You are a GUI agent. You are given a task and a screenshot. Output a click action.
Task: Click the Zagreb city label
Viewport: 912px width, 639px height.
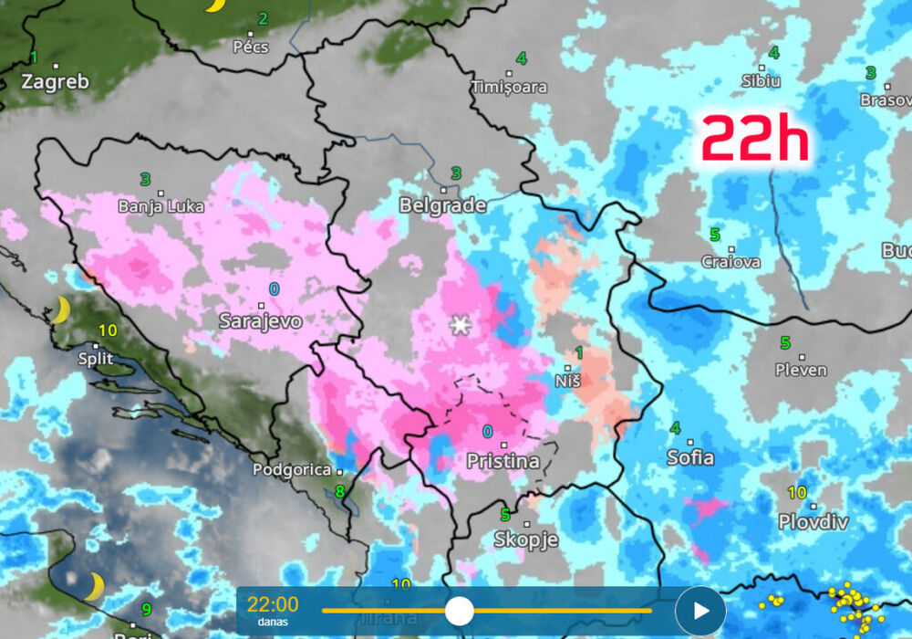point(56,81)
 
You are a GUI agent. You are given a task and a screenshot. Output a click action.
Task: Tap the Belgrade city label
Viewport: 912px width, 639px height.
point(442,205)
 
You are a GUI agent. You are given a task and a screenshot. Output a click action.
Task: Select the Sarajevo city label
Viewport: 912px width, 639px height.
point(260,320)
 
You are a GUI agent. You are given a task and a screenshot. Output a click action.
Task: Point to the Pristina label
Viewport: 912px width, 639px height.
point(503,461)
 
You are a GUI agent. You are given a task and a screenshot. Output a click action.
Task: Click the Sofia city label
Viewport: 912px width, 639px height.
point(690,457)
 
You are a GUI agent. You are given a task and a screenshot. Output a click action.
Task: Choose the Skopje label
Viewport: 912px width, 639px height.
point(525,539)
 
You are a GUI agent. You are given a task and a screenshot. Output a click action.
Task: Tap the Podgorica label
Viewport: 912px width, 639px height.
point(292,469)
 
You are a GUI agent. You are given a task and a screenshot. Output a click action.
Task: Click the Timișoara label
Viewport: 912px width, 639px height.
point(509,87)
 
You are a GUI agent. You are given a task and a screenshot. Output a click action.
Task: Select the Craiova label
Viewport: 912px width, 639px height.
point(731,261)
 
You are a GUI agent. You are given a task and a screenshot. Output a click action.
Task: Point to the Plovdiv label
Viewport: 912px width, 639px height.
point(813,522)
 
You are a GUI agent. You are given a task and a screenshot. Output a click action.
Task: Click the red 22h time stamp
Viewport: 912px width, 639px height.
point(755,140)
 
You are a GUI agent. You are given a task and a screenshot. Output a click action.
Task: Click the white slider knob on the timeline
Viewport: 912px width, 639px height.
point(459,611)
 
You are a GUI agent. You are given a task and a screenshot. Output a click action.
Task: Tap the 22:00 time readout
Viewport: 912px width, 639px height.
point(273,604)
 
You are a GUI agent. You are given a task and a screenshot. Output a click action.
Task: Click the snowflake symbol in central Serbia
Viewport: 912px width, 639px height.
point(459,324)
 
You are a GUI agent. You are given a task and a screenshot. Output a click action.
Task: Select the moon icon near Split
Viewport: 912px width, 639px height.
point(60,309)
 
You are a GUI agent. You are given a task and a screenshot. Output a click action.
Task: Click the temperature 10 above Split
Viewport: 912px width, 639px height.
point(108,330)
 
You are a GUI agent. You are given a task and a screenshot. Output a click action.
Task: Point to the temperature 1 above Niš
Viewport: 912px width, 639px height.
point(578,352)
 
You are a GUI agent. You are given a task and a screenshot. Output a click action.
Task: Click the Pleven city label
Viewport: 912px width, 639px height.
point(801,370)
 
